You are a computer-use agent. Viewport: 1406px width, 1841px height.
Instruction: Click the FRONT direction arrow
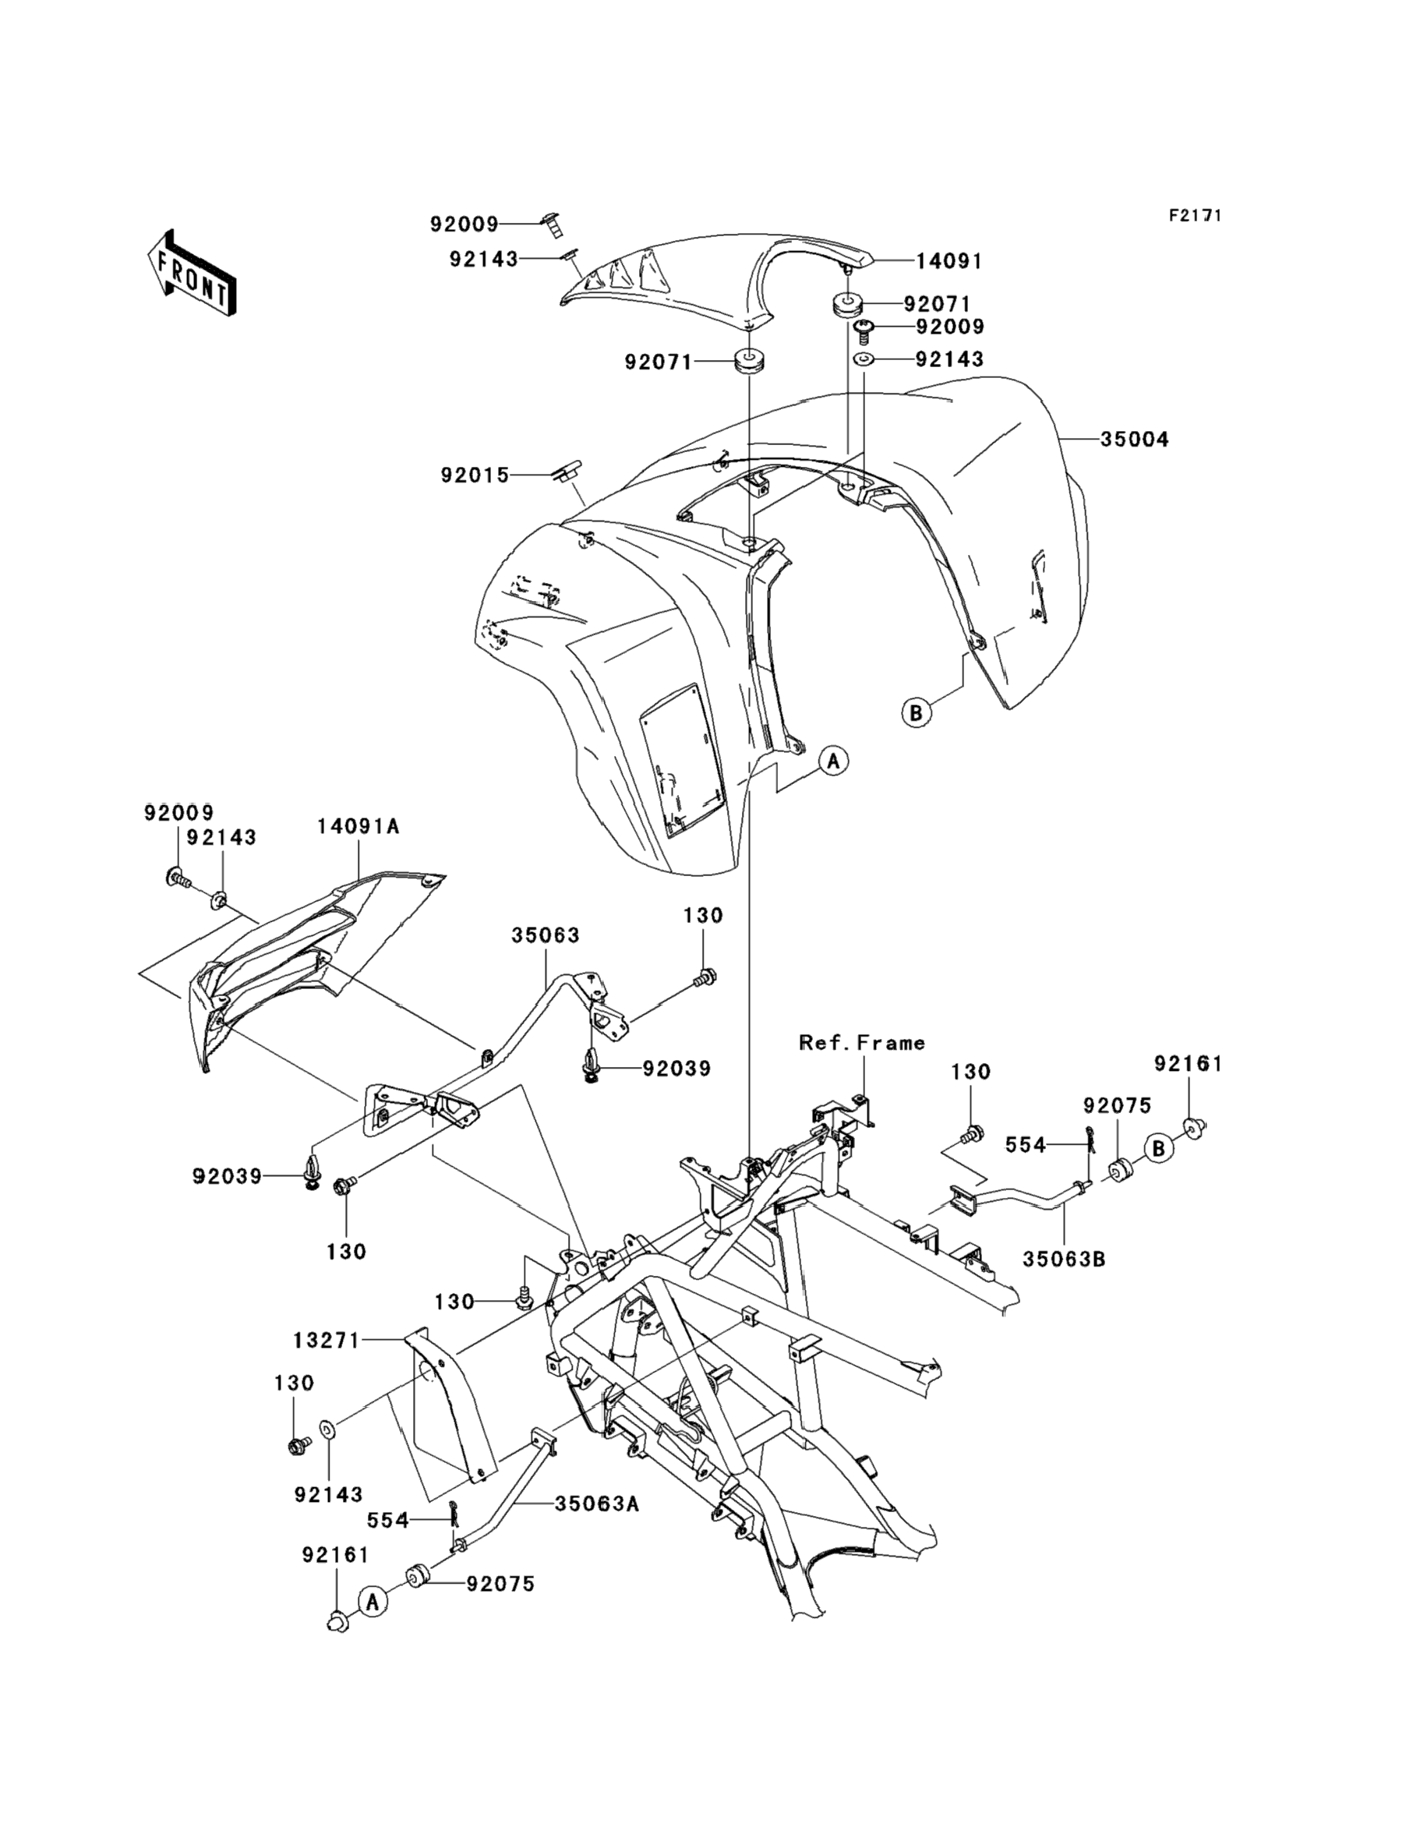(191, 274)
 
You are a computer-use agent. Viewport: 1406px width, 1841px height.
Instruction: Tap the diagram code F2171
(1195, 216)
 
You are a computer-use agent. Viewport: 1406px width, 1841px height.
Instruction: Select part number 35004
(1134, 440)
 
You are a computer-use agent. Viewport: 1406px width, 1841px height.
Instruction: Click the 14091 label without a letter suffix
(949, 261)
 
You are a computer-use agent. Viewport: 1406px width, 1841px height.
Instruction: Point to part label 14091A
(359, 827)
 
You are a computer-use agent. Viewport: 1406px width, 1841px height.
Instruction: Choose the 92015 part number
(475, 475)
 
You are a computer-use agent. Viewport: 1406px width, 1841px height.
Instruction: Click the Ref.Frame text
(862, 1043)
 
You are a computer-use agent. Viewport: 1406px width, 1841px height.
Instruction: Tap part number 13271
(326, 1341)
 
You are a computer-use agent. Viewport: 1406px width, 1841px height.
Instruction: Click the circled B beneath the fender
(917, 713)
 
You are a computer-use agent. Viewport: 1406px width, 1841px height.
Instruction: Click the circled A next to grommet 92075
(374, 1601)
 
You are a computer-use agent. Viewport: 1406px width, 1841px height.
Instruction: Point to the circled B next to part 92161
(1159, 1149)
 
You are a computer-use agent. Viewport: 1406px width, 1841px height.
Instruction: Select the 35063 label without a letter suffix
(546, 935)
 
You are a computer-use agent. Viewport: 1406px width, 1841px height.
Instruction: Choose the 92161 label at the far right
(1188, 1064)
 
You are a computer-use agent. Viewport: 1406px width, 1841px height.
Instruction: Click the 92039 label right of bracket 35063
(677, 1069)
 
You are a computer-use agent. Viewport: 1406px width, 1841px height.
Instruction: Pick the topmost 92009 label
(464, 224)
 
